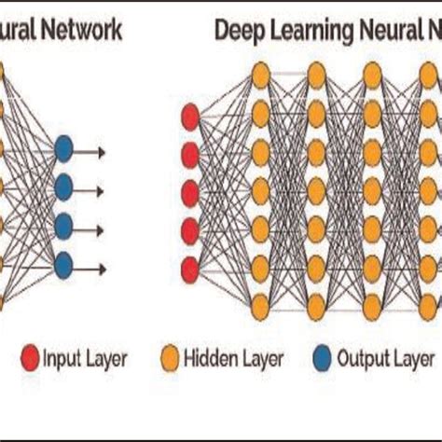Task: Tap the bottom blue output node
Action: coord(64,264)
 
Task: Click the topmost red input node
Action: coord(188,117)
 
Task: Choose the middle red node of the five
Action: coord(188,193)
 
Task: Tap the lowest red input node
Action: coord(188,269)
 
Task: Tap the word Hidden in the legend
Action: coord(211,358)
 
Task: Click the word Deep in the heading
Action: coord(238,31)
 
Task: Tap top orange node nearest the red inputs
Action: coord(260,73)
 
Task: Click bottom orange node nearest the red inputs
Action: coord(260,302)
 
